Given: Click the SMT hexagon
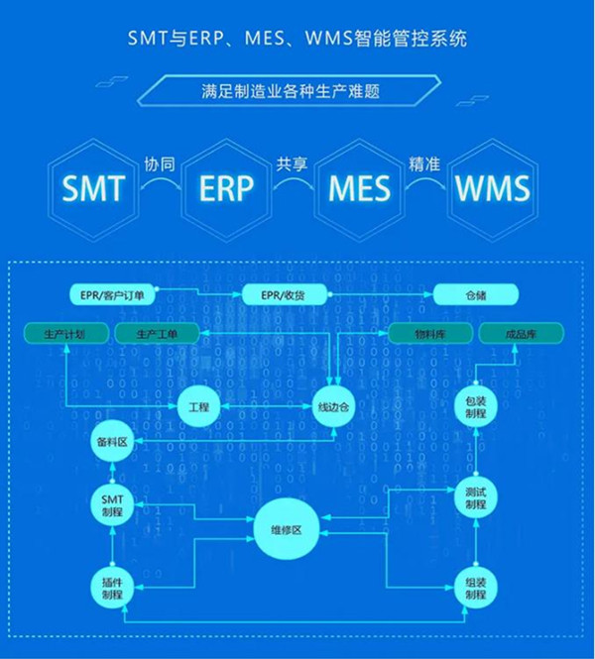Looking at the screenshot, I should point(93,186).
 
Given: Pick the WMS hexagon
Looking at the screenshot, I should point(492,186).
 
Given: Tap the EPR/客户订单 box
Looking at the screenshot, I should point(113,295).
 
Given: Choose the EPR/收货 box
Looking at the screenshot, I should point(285,295).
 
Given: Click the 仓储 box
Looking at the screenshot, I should point(475,295).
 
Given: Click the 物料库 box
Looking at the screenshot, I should point(429,334).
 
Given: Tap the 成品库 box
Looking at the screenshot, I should point(522,334).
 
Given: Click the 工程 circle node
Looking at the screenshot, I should point(198,405).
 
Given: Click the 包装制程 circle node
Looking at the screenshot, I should point(474,405).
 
